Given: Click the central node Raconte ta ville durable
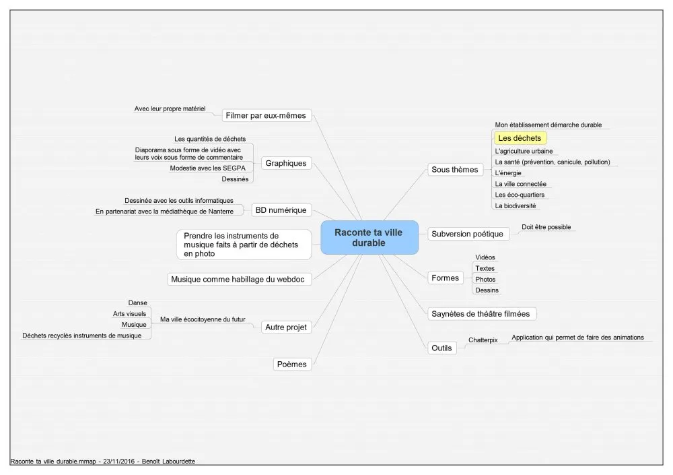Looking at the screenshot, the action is coord(369,237).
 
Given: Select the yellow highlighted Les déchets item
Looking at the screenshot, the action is coord(520,138).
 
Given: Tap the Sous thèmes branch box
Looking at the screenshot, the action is coord(454,169).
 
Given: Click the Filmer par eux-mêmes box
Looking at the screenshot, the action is coord(266,115).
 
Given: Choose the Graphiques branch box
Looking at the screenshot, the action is coord(286,163).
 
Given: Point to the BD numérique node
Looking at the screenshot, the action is coord(281,210).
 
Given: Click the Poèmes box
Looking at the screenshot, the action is coord(292,364).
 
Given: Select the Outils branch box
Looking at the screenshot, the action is coord(441,348).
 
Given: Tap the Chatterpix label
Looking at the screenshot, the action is coord(483,340).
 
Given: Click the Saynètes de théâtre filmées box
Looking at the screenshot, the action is coord(481,314).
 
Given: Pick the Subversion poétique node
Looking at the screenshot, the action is coord(468,234).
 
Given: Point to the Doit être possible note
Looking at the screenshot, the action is coord(546,227).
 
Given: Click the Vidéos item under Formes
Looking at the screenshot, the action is coord(485,257).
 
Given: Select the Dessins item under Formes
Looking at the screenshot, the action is coord(487,290).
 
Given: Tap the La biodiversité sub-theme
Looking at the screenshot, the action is coord(516,205).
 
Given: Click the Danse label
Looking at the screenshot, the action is coord(137,303).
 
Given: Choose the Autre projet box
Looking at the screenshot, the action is coord(286,327).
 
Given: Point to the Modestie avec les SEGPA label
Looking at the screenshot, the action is coord(208,168).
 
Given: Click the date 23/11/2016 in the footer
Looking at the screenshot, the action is coord(119,462).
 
